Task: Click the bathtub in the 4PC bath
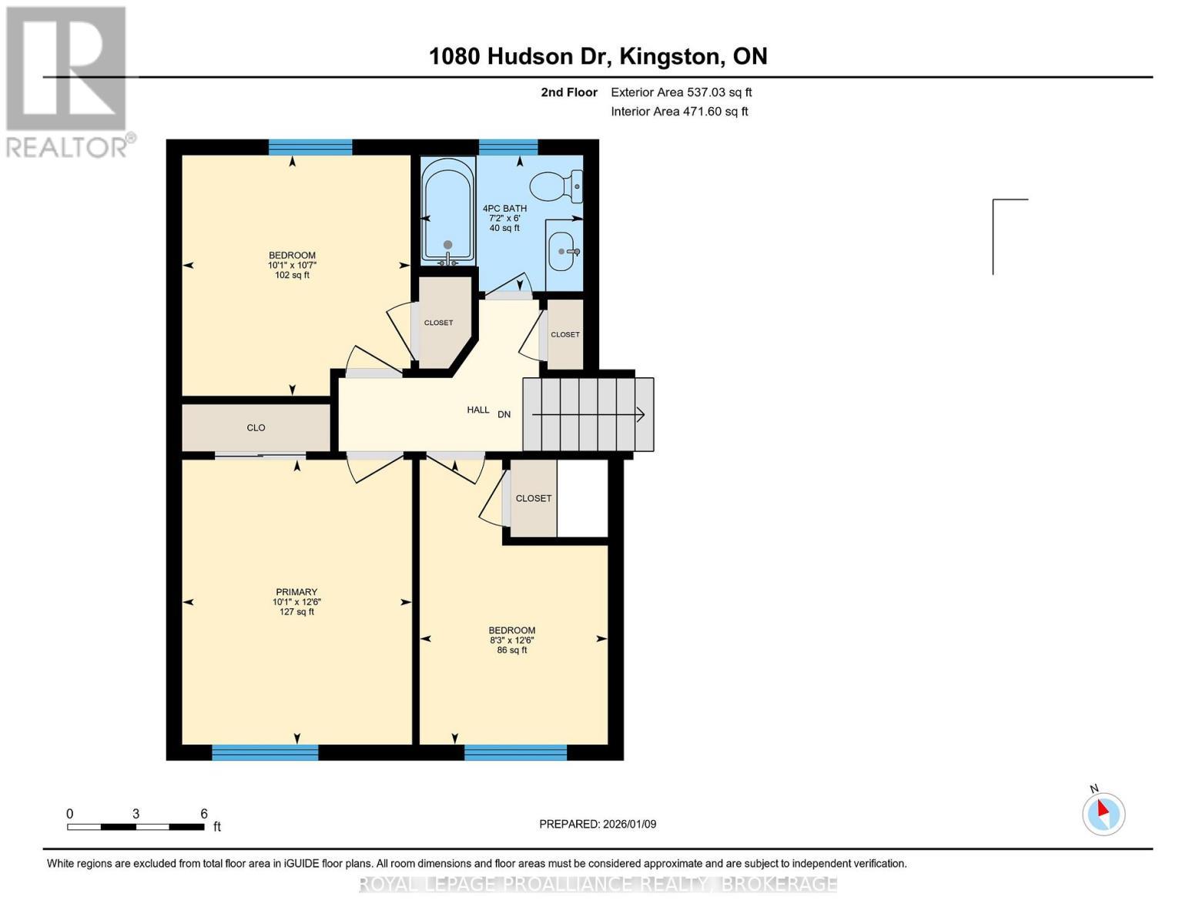(447, 212)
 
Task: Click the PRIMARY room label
(296, 592)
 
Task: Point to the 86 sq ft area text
(512, 650)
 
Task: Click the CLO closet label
(256, 427)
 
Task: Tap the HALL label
(477, 410)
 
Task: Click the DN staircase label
(504, 414)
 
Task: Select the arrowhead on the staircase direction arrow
(640, 414)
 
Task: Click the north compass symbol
(1103, 813)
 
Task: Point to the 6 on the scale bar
(204, 814)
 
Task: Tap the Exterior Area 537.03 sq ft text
(681, 92)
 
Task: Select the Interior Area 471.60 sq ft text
(679, 112)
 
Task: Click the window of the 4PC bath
(508, 147)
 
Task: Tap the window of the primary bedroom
(265, 752)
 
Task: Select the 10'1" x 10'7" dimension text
(292, 265)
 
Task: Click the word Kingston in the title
(672, 56)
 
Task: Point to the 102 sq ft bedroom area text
(292, 275)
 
